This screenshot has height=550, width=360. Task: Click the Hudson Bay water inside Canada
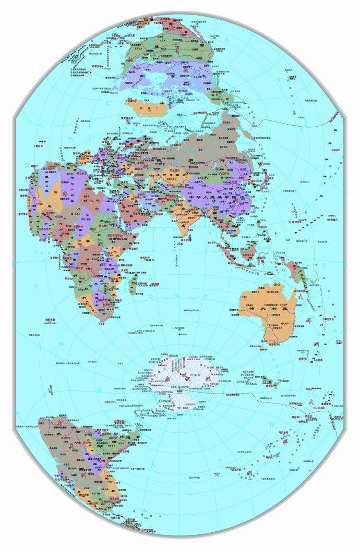pos(157,73)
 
